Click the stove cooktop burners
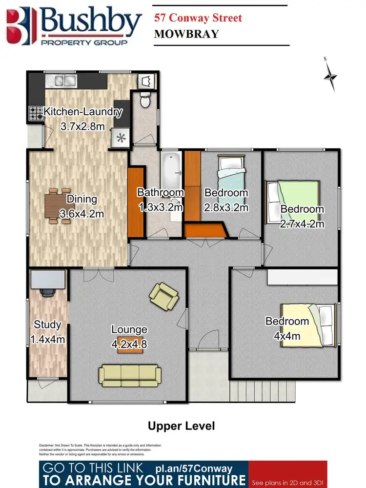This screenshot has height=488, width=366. (36, 114)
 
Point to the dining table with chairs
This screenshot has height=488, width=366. (59, 206)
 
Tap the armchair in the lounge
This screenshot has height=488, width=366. (163, 296)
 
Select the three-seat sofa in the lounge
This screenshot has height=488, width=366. (130, 374)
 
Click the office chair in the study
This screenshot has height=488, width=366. (48, 292)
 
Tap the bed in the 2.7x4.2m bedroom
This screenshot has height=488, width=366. (291, 201)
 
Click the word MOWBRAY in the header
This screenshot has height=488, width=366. (186, 34)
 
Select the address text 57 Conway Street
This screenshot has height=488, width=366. (198, 19)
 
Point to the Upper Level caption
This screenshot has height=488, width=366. (181, 426)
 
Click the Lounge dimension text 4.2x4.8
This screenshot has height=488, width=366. (129, 344)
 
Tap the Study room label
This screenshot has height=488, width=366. (47, 325)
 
